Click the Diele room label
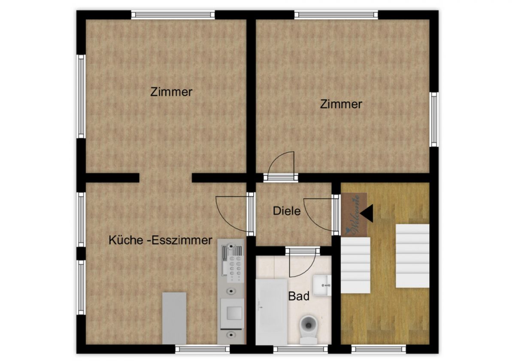287,211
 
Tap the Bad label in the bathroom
299,296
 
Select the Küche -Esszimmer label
160,240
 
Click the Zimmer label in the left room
171,92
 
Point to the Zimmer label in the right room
341,104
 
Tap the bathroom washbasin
322,285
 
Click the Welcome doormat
354,214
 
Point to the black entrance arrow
367,214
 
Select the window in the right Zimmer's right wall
434,119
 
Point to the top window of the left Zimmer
173,15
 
